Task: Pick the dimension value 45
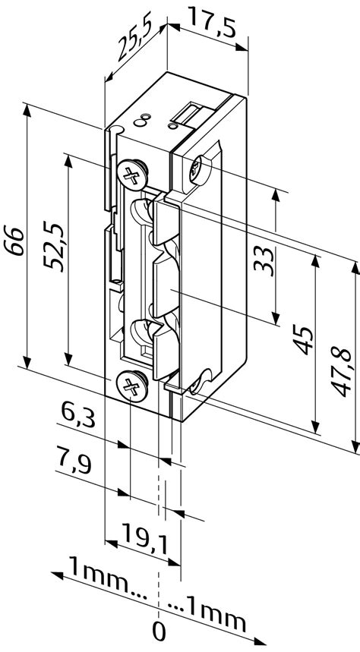(302, 339)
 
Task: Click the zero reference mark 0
(159, 628)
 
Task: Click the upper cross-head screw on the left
(132, 177)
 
